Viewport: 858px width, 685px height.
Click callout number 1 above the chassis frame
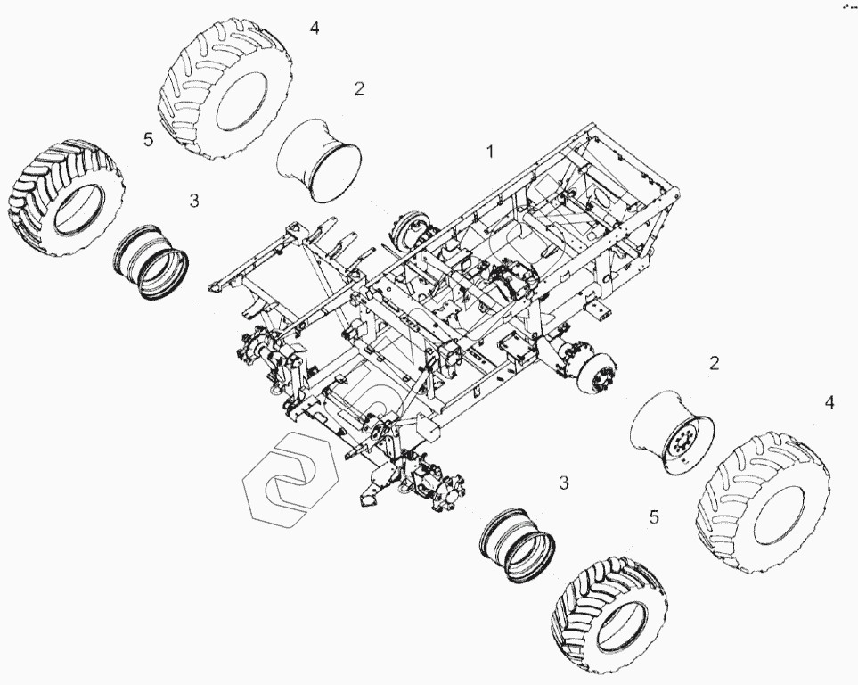(489, 152)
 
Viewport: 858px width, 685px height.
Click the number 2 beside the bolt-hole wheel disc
(714, 363)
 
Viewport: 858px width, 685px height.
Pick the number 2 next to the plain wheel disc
(359, 89)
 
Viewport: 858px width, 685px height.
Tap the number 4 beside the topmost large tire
(314, 28)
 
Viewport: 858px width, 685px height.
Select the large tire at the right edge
(764, 501)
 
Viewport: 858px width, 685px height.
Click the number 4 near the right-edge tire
(829, 403)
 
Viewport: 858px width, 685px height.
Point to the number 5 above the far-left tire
(148, 139)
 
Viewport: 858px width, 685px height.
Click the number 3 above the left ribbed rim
(194, 201)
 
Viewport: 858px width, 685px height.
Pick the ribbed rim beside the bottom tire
(518, 543)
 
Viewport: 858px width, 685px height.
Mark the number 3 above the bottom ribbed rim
(563, 483)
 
